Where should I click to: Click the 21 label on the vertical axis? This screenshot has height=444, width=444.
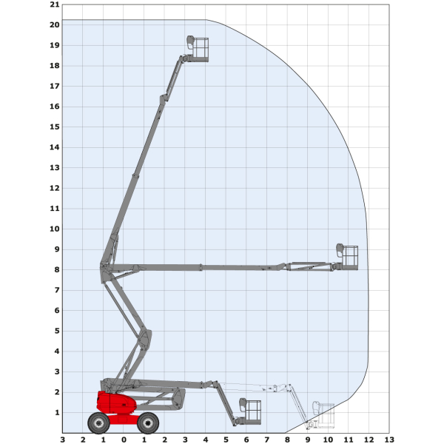point(55,4)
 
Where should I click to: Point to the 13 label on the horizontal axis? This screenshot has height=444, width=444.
point(389,440)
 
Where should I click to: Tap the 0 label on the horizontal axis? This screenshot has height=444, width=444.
point(124,440)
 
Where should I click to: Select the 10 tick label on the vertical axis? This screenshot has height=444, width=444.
point(55,229)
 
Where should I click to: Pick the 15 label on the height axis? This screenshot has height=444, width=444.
point(55,127)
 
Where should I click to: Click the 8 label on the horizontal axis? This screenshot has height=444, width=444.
point(287,440)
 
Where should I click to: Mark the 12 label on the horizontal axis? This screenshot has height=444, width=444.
point(369,440)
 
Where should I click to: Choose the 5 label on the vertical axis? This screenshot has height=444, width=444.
point(57,331)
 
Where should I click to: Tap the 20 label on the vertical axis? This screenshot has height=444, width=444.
point(55,25)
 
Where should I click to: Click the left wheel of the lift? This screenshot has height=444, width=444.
point(98,423)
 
